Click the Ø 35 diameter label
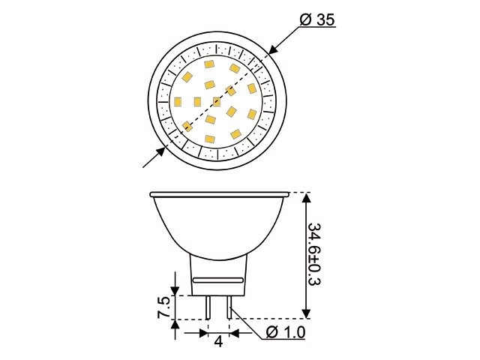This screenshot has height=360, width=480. click(316, 20)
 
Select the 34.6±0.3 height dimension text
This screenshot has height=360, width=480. click(316, 255)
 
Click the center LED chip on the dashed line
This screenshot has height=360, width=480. click(217, 101)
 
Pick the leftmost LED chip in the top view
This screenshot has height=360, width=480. click(178, 100)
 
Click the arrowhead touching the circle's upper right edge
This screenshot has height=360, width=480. click(271, 50)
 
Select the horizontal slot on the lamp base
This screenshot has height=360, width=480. click(218, 279)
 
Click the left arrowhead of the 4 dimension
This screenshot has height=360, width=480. click(202, 331)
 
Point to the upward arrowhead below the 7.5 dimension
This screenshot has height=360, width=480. click(175, 325)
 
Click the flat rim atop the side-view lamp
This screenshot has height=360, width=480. click(219, 193)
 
